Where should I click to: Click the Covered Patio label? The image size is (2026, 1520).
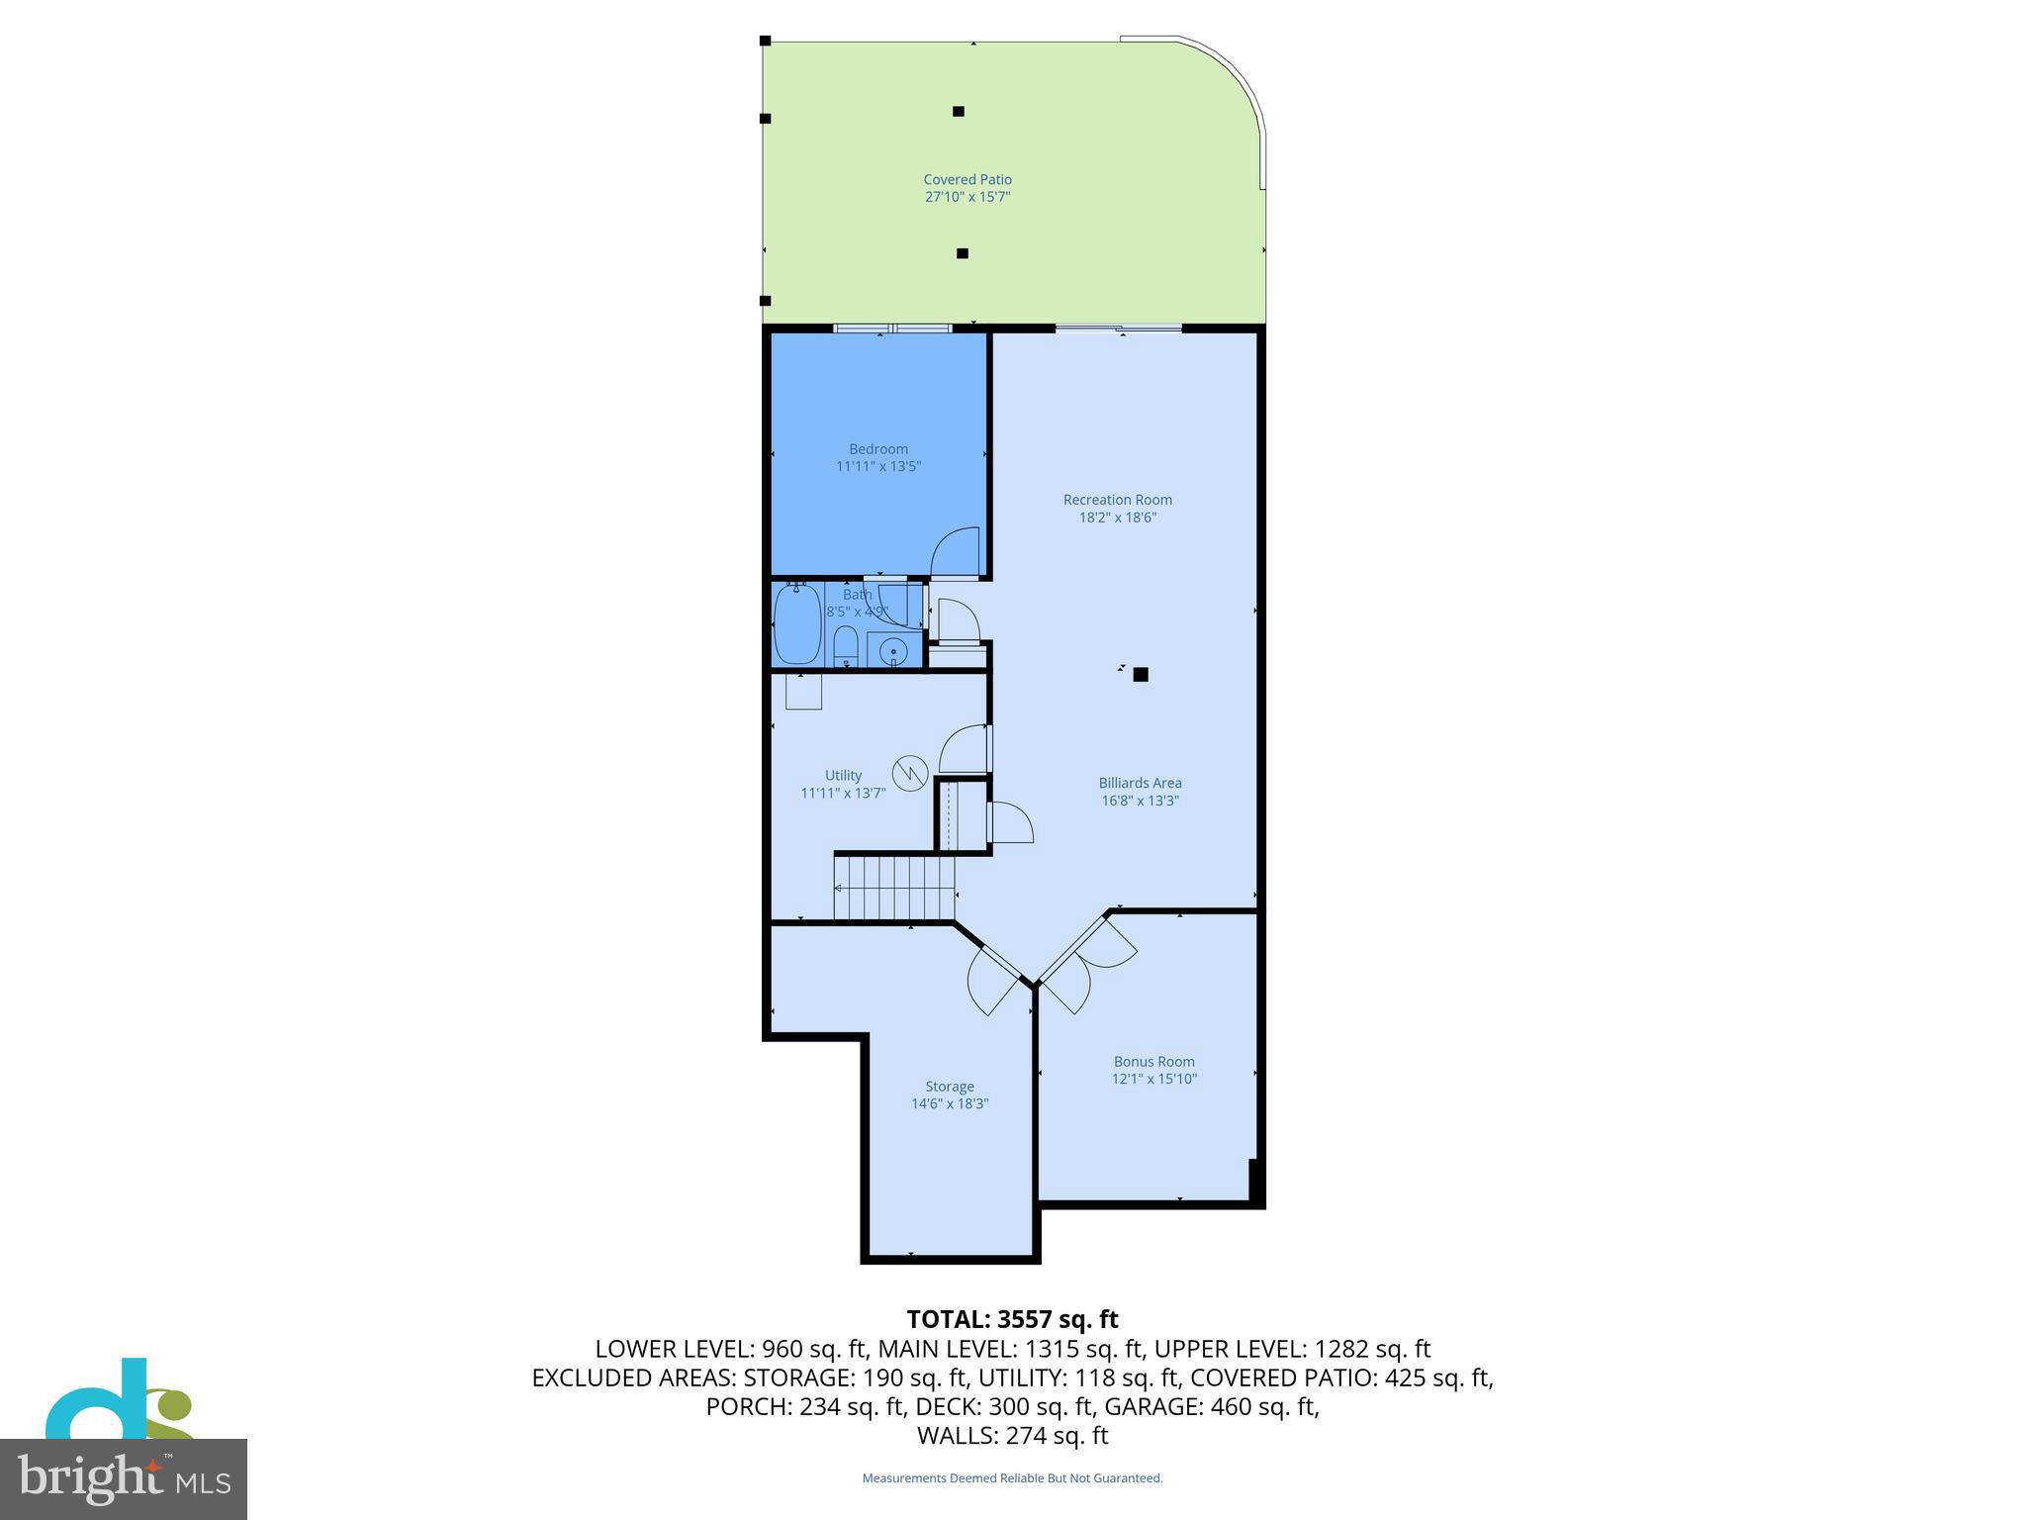967,179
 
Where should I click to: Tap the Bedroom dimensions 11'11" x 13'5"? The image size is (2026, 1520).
878,466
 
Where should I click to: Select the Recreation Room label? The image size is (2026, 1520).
1117,500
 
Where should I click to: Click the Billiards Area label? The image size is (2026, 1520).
1140,783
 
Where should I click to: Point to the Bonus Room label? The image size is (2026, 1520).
1153,1062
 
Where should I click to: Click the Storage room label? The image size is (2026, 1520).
949,1087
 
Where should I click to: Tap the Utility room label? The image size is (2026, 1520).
843,776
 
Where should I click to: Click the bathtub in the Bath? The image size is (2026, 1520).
796,624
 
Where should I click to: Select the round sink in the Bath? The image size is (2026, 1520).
893,651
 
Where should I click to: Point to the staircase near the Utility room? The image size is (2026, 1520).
894,888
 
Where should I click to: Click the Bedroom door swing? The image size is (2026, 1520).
956,553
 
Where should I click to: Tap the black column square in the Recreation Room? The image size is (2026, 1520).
1141,675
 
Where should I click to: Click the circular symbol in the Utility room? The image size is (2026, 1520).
909,772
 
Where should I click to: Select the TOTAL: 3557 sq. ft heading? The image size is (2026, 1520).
1012,1319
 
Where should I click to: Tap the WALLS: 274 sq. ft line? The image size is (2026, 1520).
1012,1435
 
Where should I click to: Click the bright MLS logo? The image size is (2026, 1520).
124,1478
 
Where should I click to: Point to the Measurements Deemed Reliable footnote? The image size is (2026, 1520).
1012,1478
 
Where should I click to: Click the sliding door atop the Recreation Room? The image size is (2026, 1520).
1118,329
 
